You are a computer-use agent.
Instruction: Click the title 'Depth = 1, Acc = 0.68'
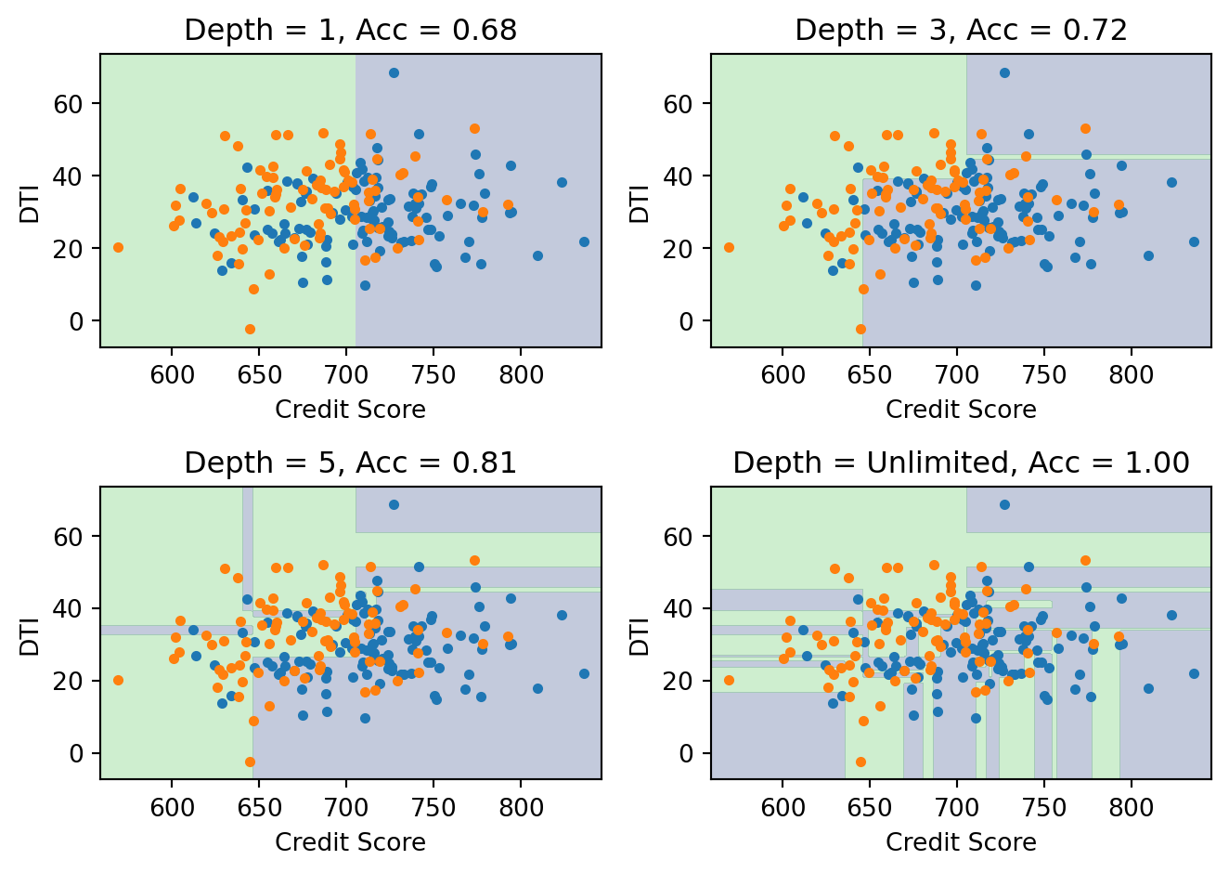(x=350, y=31)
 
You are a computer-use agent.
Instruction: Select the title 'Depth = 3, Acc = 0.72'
(x=961, y=31)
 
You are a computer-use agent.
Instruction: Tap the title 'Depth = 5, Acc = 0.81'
(x=350, y=463)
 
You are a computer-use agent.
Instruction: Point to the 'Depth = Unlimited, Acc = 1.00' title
(x=961, y=463)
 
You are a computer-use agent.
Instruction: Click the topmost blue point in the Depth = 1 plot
(x=394, y=72)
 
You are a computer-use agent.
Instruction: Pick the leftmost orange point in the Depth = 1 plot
(x=118, y=247)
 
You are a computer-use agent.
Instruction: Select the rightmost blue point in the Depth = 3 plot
(x=1194, y=241)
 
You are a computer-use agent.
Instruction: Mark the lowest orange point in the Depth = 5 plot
(x=250, y=762)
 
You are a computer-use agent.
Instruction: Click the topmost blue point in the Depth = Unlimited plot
(x=1004, y=504)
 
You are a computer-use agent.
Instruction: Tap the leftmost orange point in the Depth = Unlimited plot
(x=729, y=680)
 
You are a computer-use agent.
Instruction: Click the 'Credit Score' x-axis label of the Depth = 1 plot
(x=350, y=410)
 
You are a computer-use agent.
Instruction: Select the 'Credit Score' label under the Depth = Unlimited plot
(x=961, y=842)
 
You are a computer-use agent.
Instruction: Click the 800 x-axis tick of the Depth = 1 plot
(x=521, y=376)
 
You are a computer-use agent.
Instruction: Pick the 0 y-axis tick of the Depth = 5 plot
(x=78, y=753)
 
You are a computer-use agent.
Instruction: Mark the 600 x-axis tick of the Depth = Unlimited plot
(x=783, y=808)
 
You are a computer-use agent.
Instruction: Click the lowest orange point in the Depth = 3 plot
(x=860, y=329)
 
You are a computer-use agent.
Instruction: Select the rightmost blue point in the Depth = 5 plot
(x=584, y=674)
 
